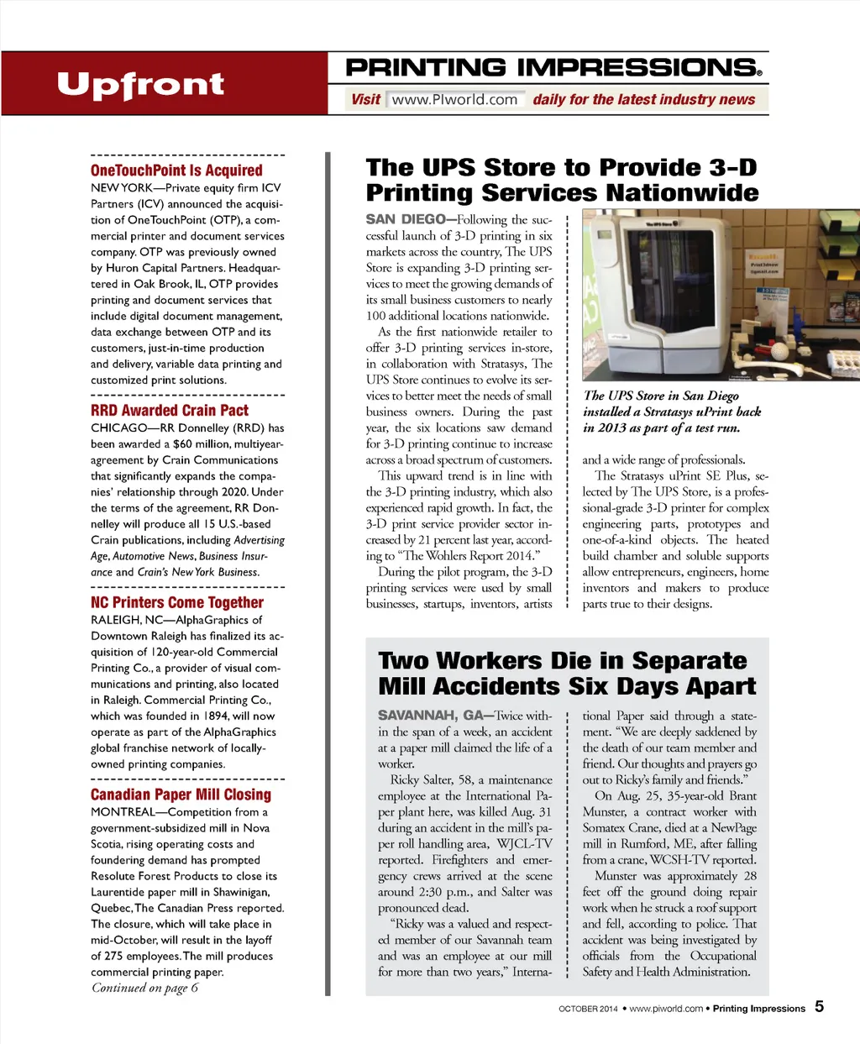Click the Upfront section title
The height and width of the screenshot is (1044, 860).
click(140, 85)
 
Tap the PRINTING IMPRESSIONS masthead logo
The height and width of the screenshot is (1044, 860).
click(554, 67)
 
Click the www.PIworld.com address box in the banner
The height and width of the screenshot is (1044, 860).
click(455, 100)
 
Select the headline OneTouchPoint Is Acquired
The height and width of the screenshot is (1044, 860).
click(176, 170)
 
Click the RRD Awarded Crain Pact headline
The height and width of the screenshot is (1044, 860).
click(170, 410)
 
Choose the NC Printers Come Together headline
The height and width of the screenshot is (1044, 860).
click(177, 602)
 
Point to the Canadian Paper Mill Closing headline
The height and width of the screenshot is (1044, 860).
click(181, 795)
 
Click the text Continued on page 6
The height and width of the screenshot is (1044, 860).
click(144, 988)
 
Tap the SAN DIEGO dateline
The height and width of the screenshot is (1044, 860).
click(406, 219)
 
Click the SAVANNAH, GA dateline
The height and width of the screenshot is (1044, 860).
click(430, 716)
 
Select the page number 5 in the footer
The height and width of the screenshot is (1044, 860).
click(819, 1006)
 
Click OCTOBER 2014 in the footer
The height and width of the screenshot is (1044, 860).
click(588, 1009)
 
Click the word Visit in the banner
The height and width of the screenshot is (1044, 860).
click(365, 100)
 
